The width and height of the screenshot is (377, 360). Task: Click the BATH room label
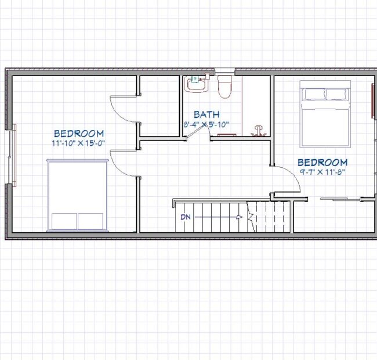(x=206, y=114)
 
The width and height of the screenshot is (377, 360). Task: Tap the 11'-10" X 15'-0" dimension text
(x=78, y=143)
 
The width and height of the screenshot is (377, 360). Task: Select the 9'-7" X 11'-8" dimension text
(x=322, y=172)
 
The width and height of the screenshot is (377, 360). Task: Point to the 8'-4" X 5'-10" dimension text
(x=206, y=124)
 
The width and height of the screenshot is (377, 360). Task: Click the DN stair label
(x=186, y=217)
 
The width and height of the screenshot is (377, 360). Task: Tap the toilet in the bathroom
(x=224, y=87)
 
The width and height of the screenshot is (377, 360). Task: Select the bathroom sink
(x=196, y=84)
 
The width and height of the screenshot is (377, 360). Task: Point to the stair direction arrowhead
(x=239, y=217)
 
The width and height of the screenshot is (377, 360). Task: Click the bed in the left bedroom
(x=77, y=195)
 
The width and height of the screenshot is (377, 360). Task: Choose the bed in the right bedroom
(x=325, y=114)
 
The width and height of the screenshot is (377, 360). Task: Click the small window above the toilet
(x=224, y=71)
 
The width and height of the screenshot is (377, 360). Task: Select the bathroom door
(x=196, y=132)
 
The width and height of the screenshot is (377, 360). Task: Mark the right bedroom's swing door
(x=287, y=178)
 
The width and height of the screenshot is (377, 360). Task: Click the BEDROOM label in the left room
(x=79, y=134)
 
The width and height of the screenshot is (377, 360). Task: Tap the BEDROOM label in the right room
(x=322, y=163)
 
